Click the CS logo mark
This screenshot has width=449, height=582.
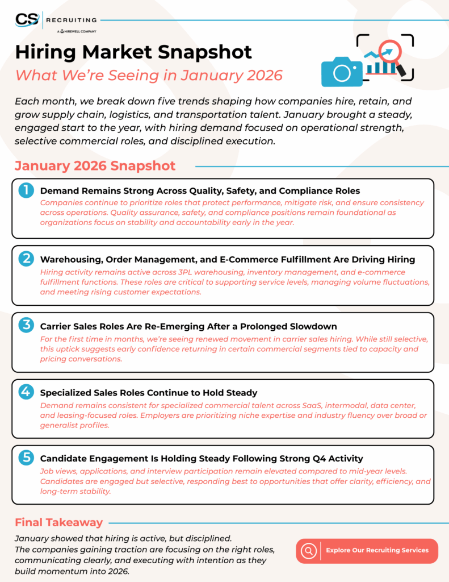coord(27,19)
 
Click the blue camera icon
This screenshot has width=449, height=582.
coord(342,71)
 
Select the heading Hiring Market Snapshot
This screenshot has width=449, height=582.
coord(133,52)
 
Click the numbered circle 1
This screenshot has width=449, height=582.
coord(26,190)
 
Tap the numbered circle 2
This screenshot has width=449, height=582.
coord(26,259)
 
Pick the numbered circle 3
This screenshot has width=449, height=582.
coord(26,326)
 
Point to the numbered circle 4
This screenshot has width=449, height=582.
coord(26,393)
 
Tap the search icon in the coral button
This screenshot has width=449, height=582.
coord(309,550)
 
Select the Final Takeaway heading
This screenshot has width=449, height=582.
coord(59,522)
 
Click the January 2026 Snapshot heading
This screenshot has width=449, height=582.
coord(95,165)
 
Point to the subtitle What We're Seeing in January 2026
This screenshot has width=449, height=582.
coord(149,74)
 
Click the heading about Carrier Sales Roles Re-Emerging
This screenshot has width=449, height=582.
coord(188,326)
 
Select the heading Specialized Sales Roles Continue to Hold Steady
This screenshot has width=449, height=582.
coord(149,393)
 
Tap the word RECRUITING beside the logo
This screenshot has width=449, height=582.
coord(72,20)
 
